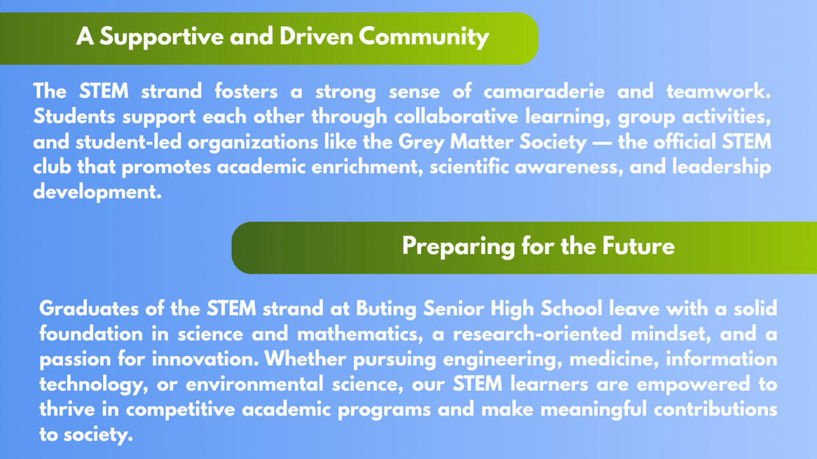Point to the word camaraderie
(x=544, y=92)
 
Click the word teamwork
(x=718, y=92)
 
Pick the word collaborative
(x=456, y=117)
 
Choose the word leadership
(x=721, y=167)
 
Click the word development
(x=97, y=192)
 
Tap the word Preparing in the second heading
(x=458, y=247)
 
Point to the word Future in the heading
(x=638, y=246)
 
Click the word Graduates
(x=88, y=309)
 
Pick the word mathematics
(x=360, y=334)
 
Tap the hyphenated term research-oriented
(x=537, y=334)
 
